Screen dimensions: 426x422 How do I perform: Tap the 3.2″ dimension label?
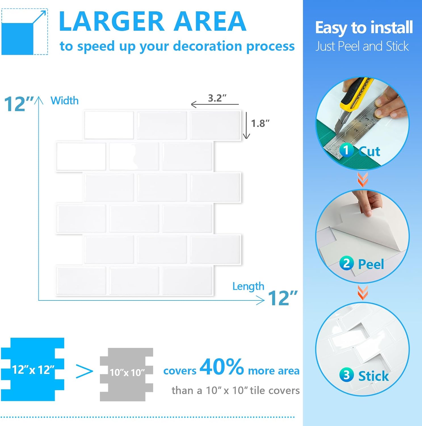[x=217, y=98]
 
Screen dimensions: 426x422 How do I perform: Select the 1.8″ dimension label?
[x=260, y=124]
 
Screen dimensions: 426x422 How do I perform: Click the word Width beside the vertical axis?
[x=64, y=101]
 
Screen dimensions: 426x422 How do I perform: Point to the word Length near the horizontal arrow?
[x=248, y=286]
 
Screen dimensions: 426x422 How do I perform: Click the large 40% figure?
[x=222, y=367]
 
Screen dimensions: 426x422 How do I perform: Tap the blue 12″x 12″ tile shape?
[x=33, y=369]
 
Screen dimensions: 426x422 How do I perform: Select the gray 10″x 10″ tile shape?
[x=127, y=374]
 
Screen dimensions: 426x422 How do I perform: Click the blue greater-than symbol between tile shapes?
[x=85, y=371]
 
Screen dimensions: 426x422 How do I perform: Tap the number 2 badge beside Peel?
[x=347, y=263]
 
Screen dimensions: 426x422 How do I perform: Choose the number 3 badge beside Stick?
[x=347, y=375]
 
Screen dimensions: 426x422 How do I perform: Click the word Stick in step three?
[x=373, y=376]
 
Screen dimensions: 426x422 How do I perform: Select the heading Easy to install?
[x=364, y=28]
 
